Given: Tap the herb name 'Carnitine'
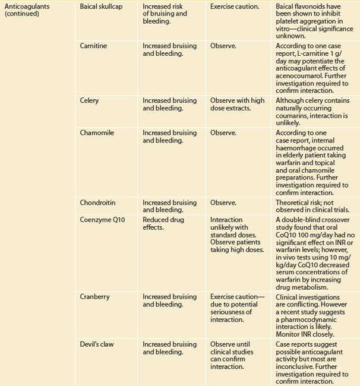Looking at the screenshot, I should coord(94,46).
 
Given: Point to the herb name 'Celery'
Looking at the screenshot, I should coord(90,100).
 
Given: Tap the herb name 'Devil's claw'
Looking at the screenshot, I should coord(98,344).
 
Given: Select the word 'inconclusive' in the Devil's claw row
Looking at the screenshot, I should coord(297,359).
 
